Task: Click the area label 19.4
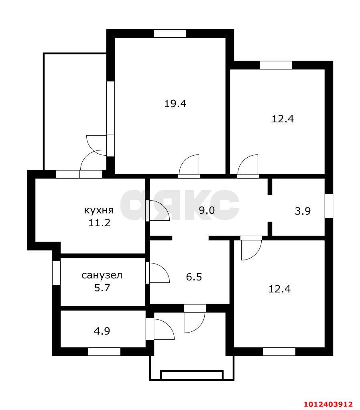[175, 104]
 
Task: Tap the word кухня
[99, 210]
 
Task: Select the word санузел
[102, 275]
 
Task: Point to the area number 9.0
[207, 210]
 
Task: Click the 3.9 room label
[303, 211]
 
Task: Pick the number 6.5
[194, 277]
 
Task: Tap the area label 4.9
[102, 331]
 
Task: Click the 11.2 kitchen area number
[100, 223]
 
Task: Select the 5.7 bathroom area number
[102, 288]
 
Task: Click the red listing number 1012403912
[328, 404]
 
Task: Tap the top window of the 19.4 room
[170, 33]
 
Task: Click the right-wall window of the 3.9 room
[329, 206]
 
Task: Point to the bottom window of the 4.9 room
[104, 352]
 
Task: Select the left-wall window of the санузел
[56, 273]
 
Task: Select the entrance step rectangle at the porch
[192, 375]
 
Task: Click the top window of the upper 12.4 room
[276, 65]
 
